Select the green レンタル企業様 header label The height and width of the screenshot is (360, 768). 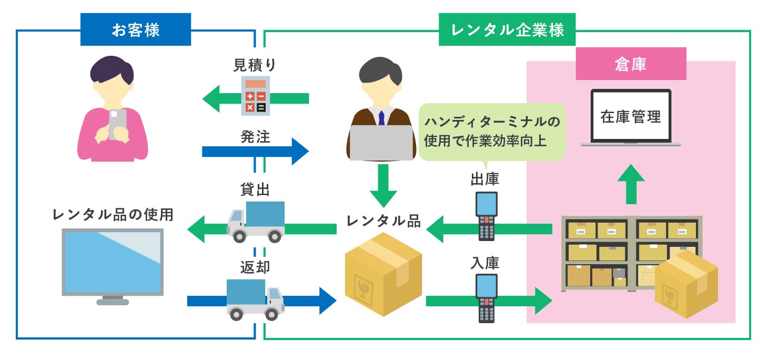click(507, 30)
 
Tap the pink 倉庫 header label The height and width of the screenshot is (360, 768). click(630, 64)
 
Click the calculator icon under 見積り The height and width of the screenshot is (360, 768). click(256, 96)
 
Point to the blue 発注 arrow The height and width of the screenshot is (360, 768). click(255, 152)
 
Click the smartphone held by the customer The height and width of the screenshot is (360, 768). click(117, 123)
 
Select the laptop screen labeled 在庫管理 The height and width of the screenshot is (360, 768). click(631, 117)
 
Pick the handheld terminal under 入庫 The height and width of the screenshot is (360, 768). click(486, 298)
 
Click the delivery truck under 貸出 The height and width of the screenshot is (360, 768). click(257, 221)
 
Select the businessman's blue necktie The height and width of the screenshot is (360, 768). click(381, 117)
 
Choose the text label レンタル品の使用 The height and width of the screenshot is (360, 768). click(113, 215)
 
